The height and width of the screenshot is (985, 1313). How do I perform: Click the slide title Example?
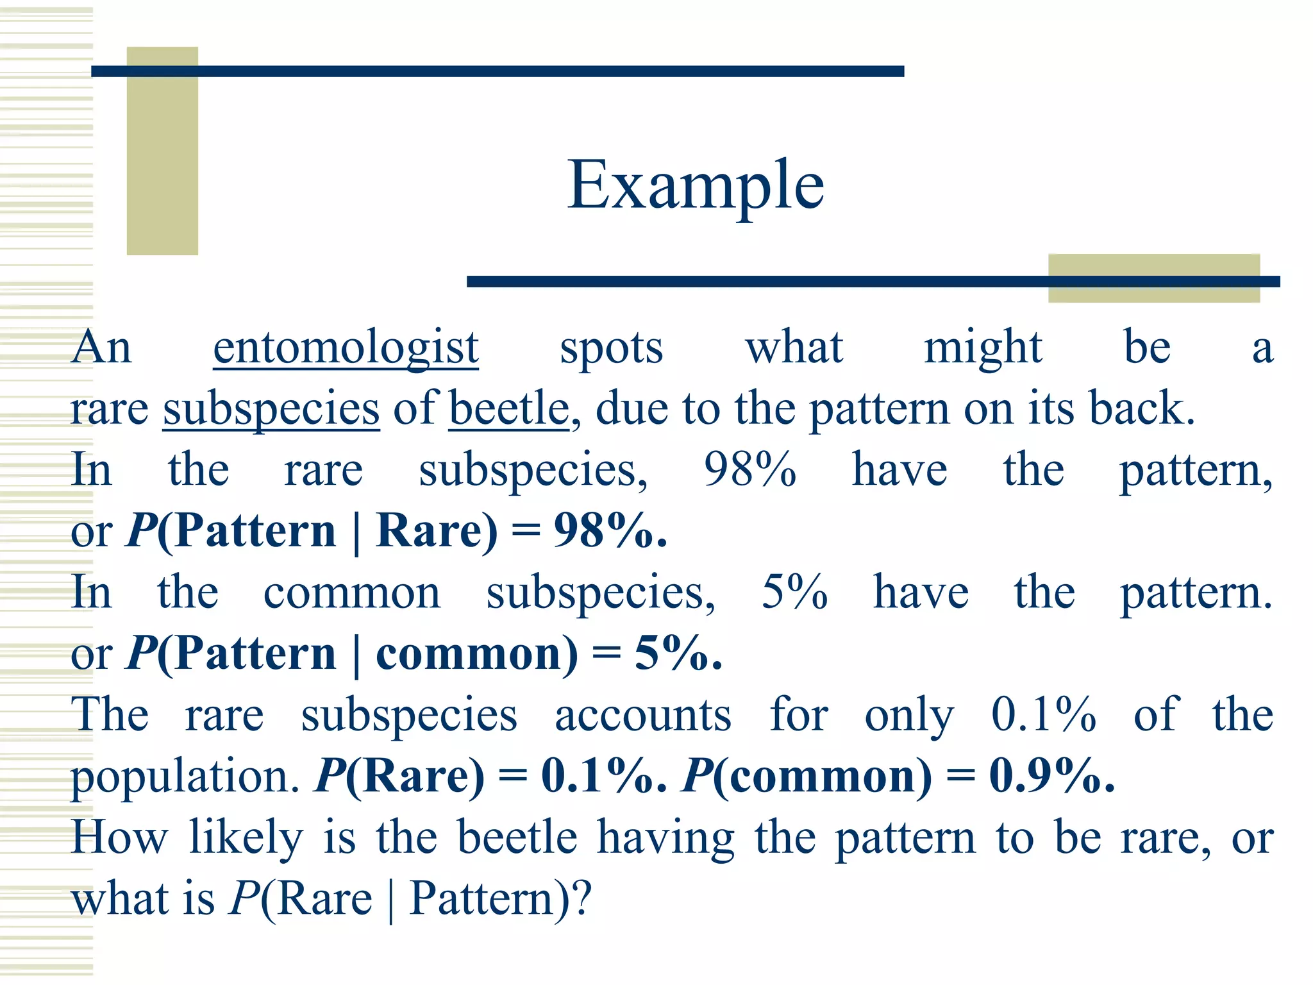[x=696, y=186]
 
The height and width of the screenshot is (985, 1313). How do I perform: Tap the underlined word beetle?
[x=508, y=408]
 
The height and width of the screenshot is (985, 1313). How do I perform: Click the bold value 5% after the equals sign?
[x=678, y=653]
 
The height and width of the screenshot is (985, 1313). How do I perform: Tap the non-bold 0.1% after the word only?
[x=1044, y=714]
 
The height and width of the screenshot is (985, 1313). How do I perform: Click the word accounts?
[x=642, y=714]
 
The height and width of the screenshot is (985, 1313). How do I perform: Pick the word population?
[x=185, y=777]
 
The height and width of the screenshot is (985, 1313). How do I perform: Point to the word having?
[x=666, y=838]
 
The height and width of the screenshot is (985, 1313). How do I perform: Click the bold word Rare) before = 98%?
[x=437, y=532]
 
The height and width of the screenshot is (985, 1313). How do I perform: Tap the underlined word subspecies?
[x=271, y=410]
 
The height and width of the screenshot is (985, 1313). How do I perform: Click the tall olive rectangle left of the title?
[x=162, y=151]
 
